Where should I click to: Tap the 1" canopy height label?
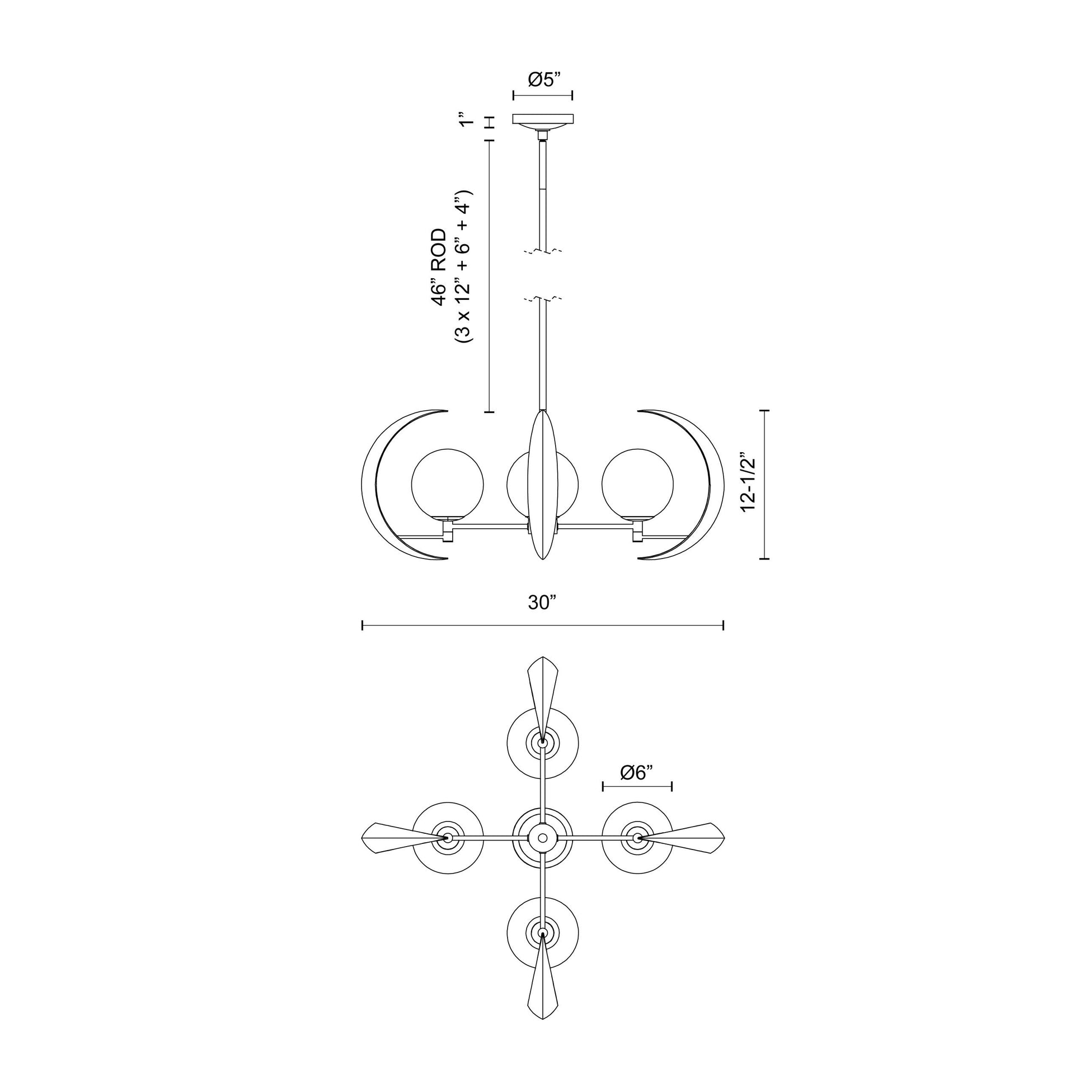point(464,121)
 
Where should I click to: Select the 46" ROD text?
point(439,267)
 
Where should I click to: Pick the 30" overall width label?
point(542,603)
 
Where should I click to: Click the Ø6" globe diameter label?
point(636,773)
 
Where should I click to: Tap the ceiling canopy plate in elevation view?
point(543,119)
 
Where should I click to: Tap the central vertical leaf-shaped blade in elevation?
point(542,485)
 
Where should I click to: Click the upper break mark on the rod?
point(542,251)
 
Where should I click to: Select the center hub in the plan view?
point(542,838)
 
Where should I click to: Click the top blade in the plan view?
point(542,691)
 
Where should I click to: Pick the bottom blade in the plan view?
point(542,987)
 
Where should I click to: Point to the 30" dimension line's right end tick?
point(723,625)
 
